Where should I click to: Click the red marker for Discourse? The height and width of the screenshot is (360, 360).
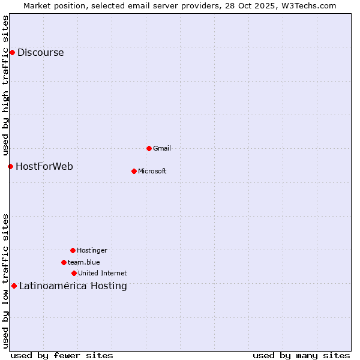[x=12, y=52]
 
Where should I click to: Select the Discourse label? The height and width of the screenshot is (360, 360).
[x=40, y=52]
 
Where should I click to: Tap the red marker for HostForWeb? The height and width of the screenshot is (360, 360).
[x=10, y=166]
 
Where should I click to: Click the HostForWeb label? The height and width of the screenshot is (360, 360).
[x=44, y=166]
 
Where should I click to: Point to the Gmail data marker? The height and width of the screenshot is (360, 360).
[x=149, y=148]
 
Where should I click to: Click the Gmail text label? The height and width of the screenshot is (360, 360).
[x=162, y=148]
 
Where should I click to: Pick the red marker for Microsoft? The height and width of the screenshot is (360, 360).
[x=134, y=171]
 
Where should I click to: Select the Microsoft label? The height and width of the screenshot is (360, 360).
[x=152, y=171]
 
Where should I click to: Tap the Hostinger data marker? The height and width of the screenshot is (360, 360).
[x=73, y=250]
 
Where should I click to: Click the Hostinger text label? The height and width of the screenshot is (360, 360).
[x=92, y=250]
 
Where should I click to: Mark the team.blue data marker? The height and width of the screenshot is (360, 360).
[x=64, y=262]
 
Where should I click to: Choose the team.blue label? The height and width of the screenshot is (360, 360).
[x=84, y=262]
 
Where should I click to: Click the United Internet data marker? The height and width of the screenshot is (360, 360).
[x=74, y=273]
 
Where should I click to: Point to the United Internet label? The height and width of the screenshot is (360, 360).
[x=103, y=273]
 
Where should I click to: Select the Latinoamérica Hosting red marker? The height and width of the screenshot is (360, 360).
[x=14, y=286]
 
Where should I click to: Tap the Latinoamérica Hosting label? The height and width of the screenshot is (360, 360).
[x=73, y=286]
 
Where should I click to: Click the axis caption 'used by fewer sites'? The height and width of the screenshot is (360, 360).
[x=62, y=355]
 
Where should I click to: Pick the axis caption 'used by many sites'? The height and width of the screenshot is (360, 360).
[x=301, y=355]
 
